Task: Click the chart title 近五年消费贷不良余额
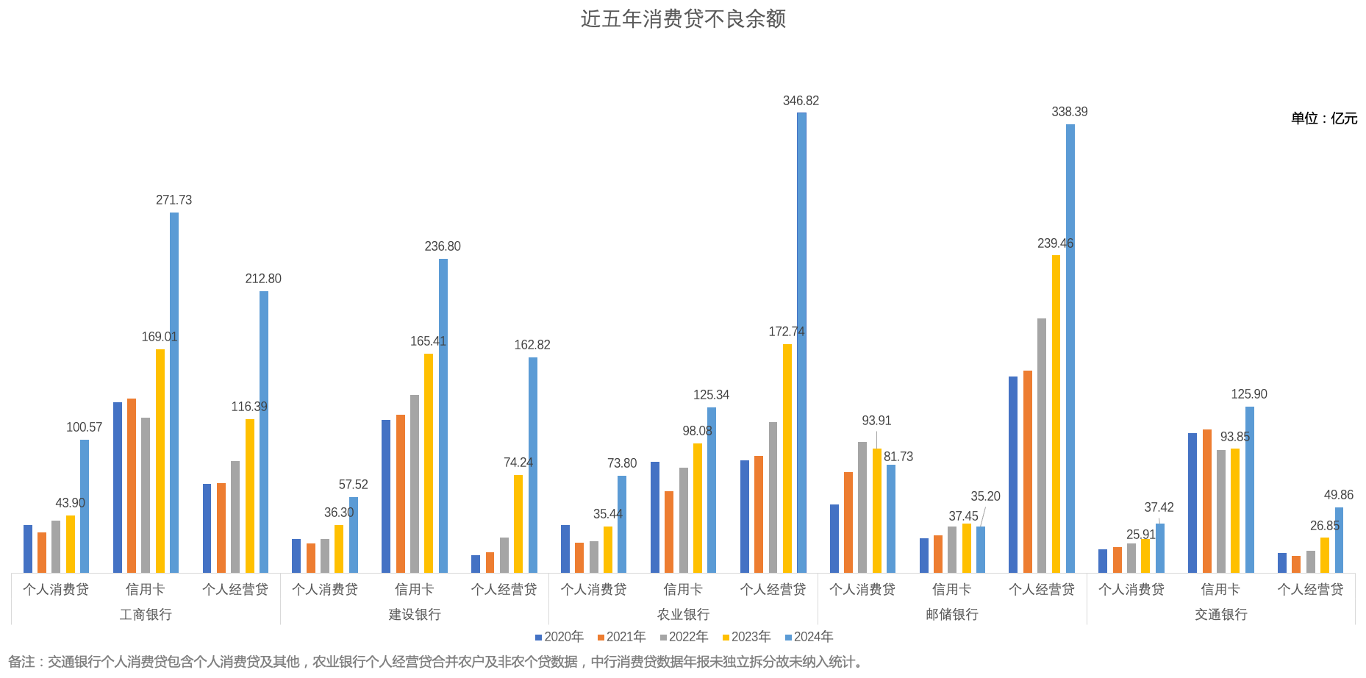pos(683,19)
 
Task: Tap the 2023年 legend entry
pos(746,637)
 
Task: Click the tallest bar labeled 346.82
pos(801,342)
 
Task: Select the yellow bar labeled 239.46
pos(1056,413)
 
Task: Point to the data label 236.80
pos(443,246)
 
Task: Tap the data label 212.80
pos(263,279)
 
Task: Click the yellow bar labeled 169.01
pos(160,460)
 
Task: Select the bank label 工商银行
pos(146,614)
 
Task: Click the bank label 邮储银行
pos(952,614)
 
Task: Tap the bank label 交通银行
pos(1220,614)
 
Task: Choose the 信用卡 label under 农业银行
pos(683,589)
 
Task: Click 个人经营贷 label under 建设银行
pos(504,589)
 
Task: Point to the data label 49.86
pos(1338,495)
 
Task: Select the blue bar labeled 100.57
pos(85,506)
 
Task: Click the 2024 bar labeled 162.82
pos(533,465)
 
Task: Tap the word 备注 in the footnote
pos(22,662)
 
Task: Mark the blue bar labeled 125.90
pos(1250,489)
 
